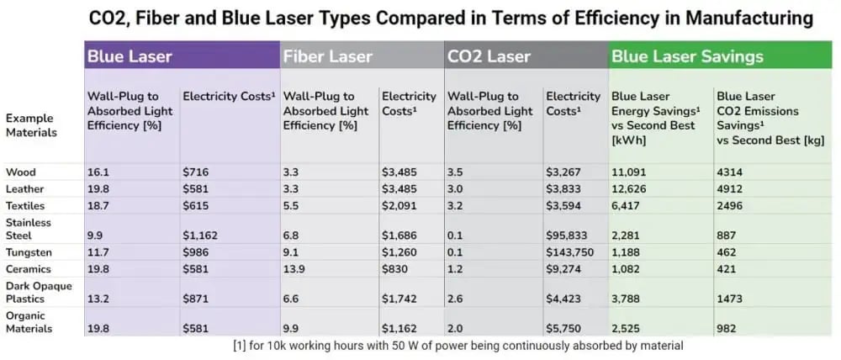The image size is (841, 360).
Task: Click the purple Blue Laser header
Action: (130, 56)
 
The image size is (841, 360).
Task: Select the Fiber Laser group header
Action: (326, 56)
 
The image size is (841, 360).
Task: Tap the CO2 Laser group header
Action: (489, 56)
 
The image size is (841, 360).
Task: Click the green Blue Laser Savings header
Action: (687, 56)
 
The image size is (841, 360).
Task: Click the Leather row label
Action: (24, 189)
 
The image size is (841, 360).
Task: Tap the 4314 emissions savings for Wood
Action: (730, 172)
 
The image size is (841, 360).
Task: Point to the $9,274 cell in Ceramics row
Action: (563, 270)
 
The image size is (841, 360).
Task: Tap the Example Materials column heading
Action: (31, 125)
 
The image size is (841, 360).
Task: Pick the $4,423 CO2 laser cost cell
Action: (563, 299)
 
